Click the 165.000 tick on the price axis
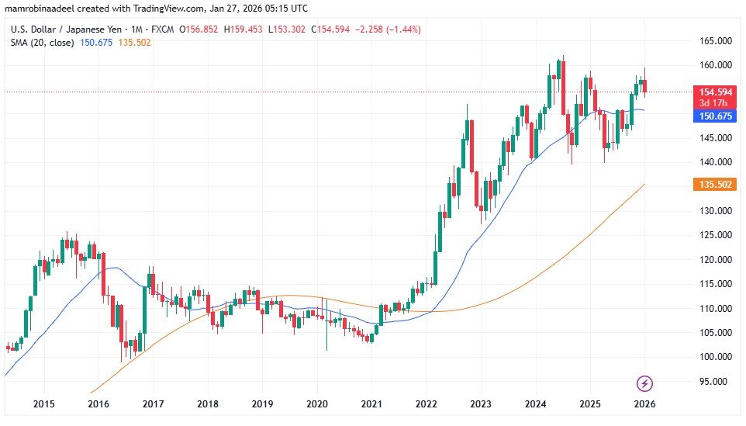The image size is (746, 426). [713, 40]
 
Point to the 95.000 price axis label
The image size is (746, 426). [713, 381]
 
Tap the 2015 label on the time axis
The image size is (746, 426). [43, 404]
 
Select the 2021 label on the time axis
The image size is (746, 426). [372, 404]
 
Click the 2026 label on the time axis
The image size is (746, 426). [644, 404]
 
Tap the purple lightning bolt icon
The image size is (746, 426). [644, 383]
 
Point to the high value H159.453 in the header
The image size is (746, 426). [242, 29]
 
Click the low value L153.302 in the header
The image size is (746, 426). [287, 29]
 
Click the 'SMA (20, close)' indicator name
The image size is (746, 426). [42, 43]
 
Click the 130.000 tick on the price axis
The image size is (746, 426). [713, 210]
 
